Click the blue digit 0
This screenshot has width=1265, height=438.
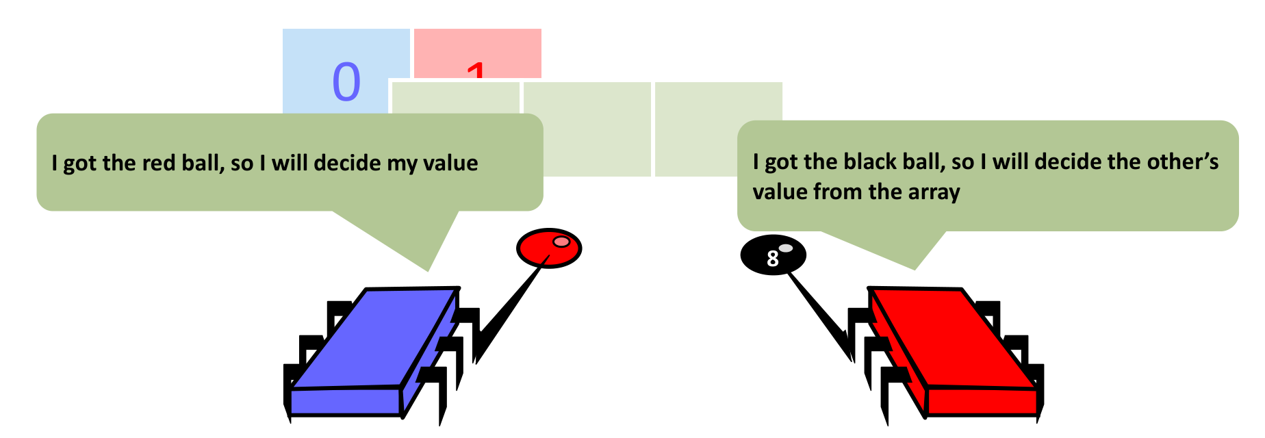click(346, 82)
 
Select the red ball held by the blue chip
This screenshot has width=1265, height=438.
click(548, 248)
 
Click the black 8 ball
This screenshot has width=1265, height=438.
click(773, 255)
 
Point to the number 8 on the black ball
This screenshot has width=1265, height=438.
click(773, 259)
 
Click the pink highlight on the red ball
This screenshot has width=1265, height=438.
click(561, 241)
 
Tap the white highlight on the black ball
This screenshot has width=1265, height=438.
click(786, 248)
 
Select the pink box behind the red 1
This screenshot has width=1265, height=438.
click(507, 51)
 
